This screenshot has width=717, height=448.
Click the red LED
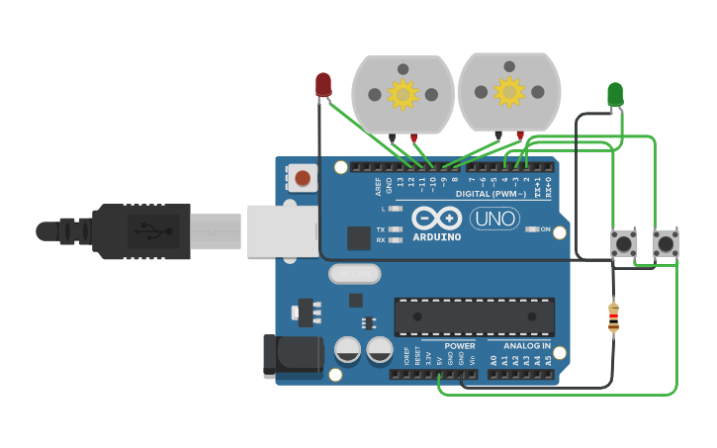click(323, 85)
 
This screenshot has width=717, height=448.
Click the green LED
click(615, 94)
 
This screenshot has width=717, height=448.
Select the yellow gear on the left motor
click(403, 94)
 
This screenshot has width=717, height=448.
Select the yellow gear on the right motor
click(509, 92)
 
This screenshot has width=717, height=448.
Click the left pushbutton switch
click(624, 243)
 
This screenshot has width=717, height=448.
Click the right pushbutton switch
click(667, 243)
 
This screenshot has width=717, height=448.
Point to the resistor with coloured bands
click(613, 317)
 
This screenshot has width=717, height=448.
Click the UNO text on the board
click(494, 219)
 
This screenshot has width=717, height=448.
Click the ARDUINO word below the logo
click(436, 237)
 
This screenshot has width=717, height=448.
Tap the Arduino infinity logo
click(436, 219)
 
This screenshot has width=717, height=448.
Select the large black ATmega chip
click(474, 316)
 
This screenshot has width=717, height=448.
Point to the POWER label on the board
click(460, 346)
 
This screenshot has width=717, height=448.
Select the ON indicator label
click(544, 228)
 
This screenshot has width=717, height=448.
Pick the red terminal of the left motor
click(414, 137)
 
